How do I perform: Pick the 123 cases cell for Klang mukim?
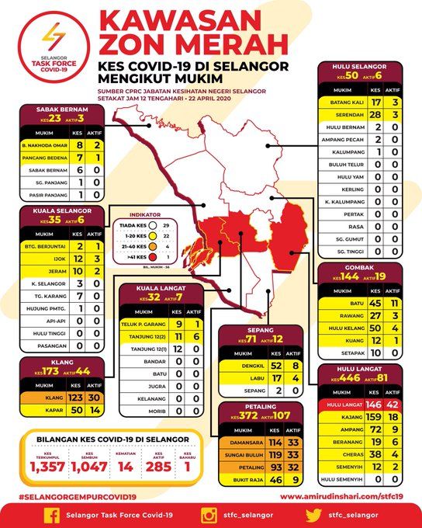(75, 398)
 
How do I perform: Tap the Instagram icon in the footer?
(209, 513)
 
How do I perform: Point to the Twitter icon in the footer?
(313, 513)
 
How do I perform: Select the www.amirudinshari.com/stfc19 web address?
(346, 496)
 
